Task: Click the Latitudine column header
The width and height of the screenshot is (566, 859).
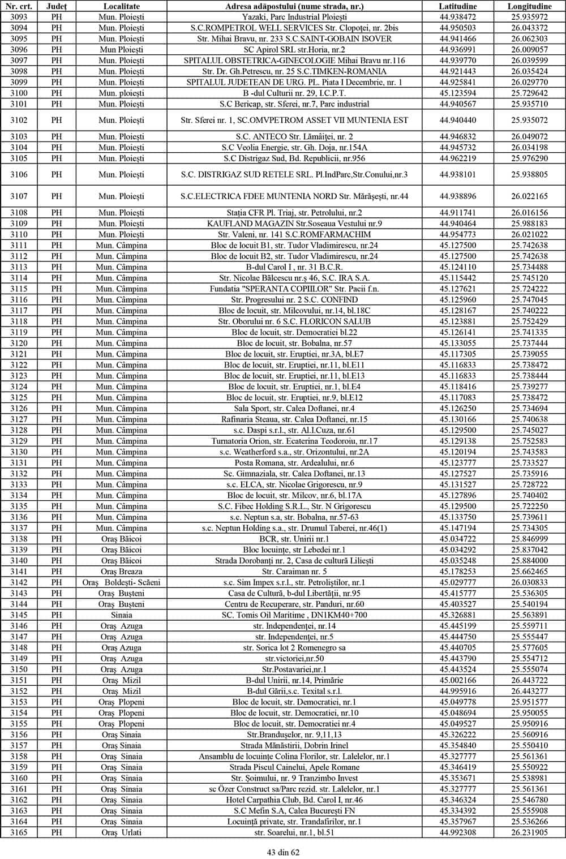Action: (x=457, y=6)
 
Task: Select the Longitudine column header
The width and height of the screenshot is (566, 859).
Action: (x=529, y=6)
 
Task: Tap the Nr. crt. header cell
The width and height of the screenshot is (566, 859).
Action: (x=19, y=6)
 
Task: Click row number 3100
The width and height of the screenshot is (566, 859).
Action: (x=19, y=93)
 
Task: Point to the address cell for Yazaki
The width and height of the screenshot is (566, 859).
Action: (x=294, y=17)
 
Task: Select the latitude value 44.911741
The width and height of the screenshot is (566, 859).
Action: (x=457, y=213)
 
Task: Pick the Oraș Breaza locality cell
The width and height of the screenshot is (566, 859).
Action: (x=121, y=572)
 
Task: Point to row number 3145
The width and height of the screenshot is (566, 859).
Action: (x=19, y=615)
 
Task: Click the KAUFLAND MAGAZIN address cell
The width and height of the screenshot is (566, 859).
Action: (x=294, y=224)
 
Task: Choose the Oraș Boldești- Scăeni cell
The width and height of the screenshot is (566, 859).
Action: (x=121, y=582)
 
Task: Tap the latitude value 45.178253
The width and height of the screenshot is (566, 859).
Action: (x=457, y=572)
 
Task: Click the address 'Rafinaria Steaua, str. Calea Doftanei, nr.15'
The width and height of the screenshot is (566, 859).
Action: (x=294, y=419)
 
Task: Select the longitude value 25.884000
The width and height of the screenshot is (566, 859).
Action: (x=529, y=561)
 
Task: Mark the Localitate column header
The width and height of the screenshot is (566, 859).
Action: (x=121, y=6)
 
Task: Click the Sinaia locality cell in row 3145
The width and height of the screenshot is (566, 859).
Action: (x=121, y=615)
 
